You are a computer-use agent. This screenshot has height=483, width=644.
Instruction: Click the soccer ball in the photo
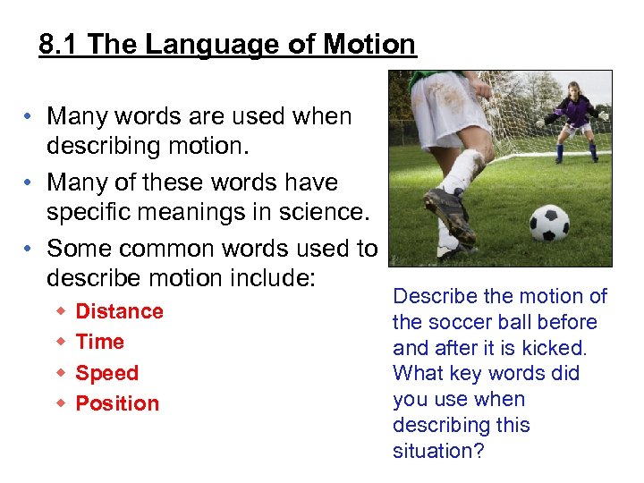click(x=549, y=225)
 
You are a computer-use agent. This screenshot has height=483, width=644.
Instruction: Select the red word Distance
click(x=119, y=311)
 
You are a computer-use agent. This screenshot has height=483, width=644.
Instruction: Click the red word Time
click(x=99, y=342)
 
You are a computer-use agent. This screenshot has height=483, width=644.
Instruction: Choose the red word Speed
click(x=106, y=373)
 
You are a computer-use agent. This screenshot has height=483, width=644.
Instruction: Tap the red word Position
click(x=117, y=403)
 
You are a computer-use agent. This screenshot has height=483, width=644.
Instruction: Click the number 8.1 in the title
click(x=59, y=45)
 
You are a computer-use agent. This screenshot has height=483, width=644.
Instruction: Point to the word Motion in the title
click(x=369, y=45)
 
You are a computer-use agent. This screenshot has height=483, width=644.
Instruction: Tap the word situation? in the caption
click(x=438, y=452)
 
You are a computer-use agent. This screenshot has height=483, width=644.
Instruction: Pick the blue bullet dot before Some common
click(x=30, y=249)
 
